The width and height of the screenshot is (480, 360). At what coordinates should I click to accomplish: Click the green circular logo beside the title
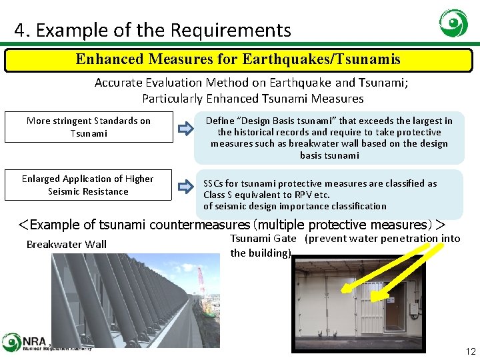453,23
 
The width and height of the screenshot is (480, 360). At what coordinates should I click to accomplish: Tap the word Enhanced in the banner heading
109,59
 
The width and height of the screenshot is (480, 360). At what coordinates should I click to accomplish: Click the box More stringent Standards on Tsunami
88,127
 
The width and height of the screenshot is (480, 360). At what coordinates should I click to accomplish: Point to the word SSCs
215,183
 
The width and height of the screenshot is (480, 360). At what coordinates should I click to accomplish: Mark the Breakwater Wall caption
66,244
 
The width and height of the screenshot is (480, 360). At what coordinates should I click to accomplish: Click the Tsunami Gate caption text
263,238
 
